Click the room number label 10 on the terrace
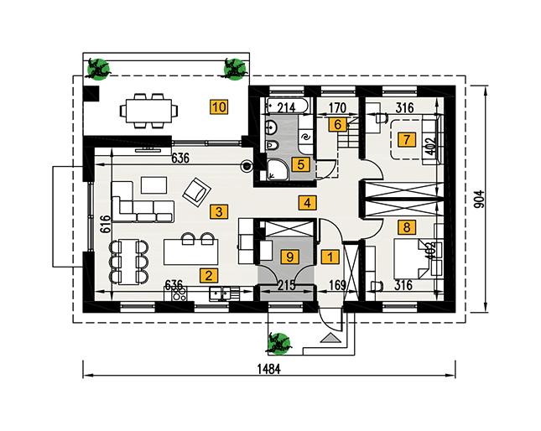click(x=219, y=106)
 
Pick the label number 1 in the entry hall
click(x=330, y=257)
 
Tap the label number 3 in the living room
click(x=218, y=211)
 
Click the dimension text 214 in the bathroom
click(x=284, y=107)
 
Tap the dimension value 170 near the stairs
click(x=338, y=107)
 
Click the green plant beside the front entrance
click(x=278, y=341)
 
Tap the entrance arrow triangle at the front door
click(x=330, y=338)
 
